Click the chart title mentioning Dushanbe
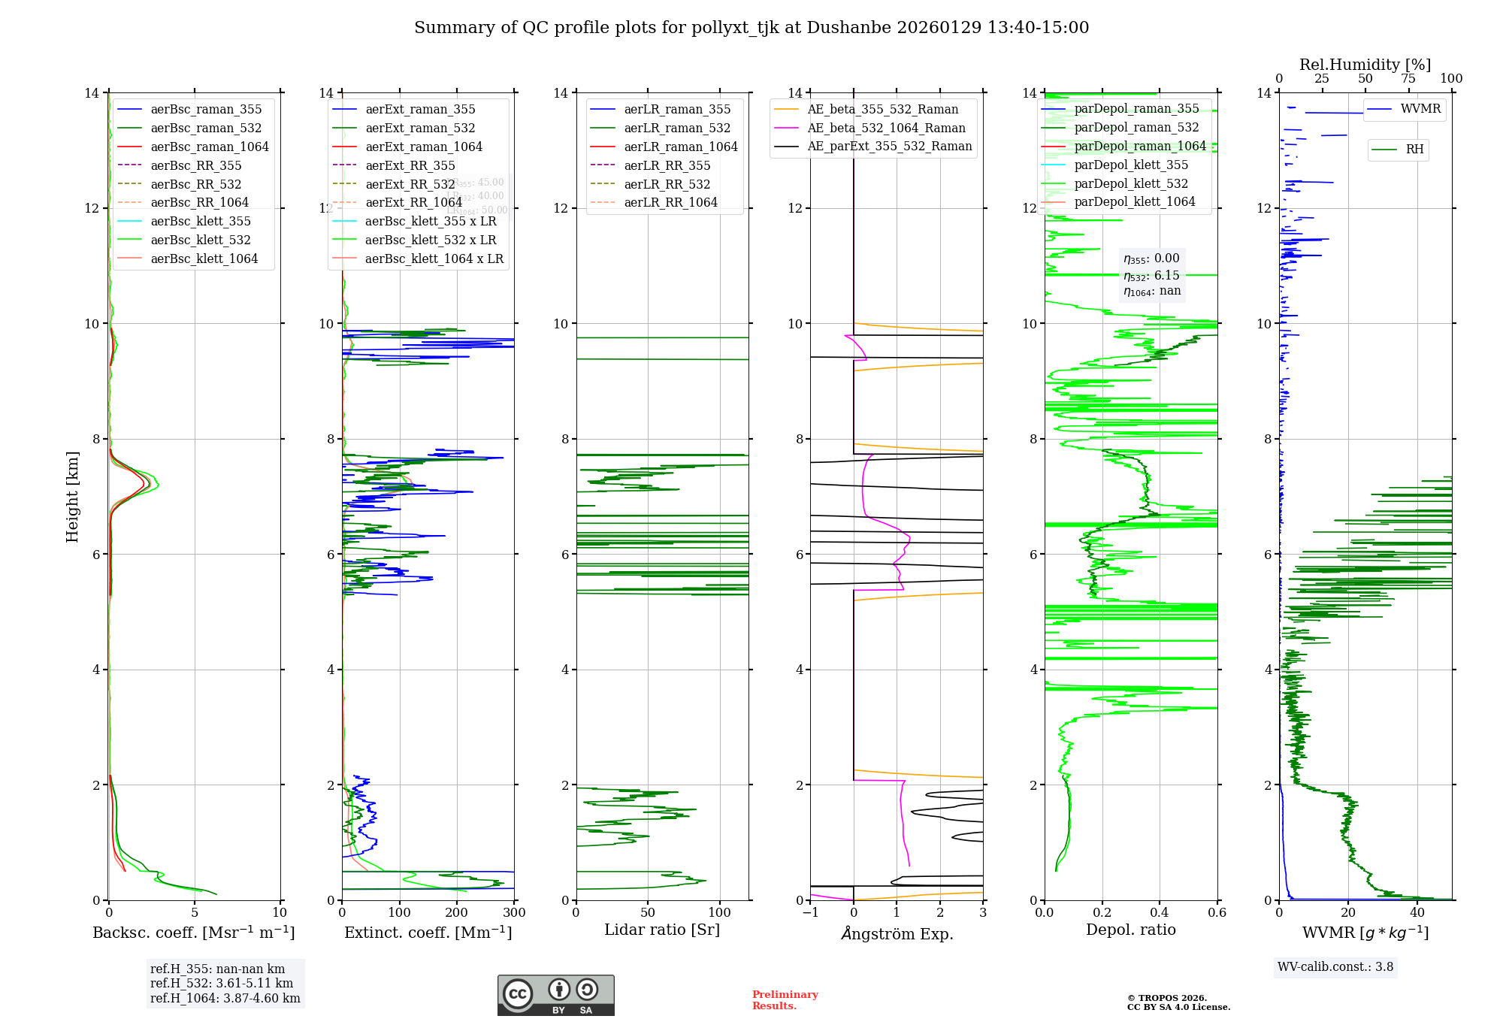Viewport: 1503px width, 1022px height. [x=751, y=28]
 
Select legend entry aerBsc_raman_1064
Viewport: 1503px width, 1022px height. [x=209, y=147]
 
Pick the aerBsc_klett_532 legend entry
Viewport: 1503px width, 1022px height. [x=200, y=240]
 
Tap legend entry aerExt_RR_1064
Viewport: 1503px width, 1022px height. [x=413, y=202]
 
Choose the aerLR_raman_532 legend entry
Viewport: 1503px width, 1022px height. [x=677, y=128]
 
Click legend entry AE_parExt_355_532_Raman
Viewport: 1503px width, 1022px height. [x=889, y=146]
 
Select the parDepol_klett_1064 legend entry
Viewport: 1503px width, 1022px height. [x=1134, y=201]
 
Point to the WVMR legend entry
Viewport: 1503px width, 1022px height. [x=1420, y=109]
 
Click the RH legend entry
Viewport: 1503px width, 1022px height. [x=1414, y=150]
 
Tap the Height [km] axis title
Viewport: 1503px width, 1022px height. [x=72, y=496]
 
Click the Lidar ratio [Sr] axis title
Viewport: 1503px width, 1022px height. [x=662, y=930]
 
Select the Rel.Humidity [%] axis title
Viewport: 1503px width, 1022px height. [x=1365, y=65]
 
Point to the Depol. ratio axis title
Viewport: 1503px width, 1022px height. [x=1130, y=930]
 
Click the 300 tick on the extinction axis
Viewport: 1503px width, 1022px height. [x=514, y=912]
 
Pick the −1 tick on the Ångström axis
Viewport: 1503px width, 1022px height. [x=809, y=912]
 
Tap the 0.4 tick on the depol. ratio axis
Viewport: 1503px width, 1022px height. [x=1160, y=912]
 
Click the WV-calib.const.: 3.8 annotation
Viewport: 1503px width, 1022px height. [x=1335, y=967]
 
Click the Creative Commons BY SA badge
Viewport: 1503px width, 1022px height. [x=555, y=995]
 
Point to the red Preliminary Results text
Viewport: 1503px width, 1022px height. [x=785, y=1000]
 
